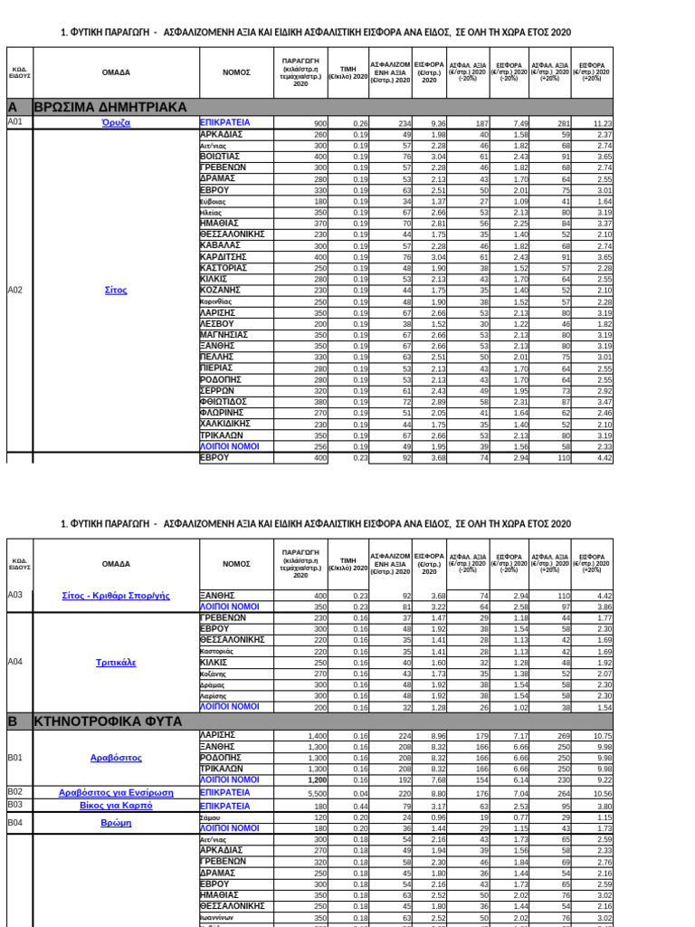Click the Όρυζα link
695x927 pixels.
116,122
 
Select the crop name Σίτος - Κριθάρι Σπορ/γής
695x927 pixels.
116,595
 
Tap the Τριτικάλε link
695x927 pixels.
116,662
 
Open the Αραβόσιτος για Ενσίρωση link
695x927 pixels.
116,792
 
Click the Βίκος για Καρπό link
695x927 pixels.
116,805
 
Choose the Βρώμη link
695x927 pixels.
116,823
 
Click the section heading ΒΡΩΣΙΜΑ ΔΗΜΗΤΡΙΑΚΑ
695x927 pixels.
109,106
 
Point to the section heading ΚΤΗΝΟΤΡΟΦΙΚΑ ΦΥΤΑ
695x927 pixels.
108,722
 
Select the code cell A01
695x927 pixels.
14,121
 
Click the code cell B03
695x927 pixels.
14,805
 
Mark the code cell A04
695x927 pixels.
14,662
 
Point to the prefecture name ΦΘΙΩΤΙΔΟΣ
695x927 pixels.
224,401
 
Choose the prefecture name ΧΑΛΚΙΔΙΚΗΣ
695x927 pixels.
226,424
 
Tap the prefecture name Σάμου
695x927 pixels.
210,817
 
